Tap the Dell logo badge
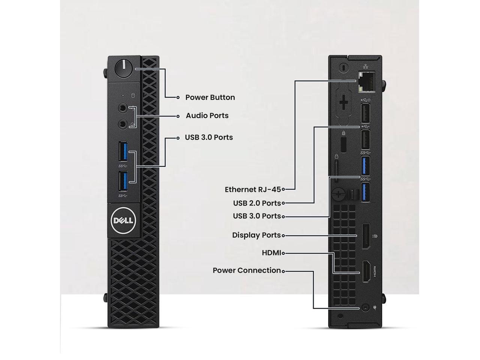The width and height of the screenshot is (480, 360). (123, 220)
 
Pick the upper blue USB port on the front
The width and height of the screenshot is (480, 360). (123, 152)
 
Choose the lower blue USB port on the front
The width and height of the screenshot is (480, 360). (123, 181)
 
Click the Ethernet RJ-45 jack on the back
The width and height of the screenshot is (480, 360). (366, 81)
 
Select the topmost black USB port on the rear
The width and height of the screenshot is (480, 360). (365, 113)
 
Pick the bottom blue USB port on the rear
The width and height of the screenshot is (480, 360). (365, 192)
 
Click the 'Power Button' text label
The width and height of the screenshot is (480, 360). (210, 97)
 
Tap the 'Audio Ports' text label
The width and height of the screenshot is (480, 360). (207, 115)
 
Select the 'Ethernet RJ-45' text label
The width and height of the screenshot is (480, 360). (252, 189)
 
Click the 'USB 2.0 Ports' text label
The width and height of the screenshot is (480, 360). (257, 203)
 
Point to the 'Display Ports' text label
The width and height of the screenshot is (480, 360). (256, 235)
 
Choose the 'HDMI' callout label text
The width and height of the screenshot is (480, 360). (271, 253)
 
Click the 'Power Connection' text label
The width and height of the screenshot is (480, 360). (246, 270)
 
